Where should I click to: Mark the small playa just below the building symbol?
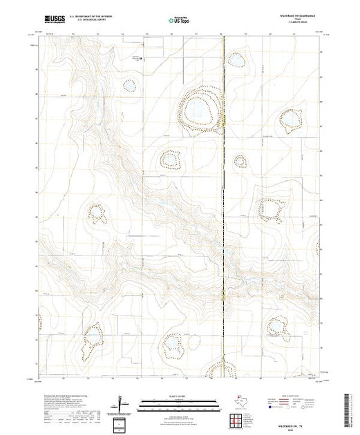[129, 85]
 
